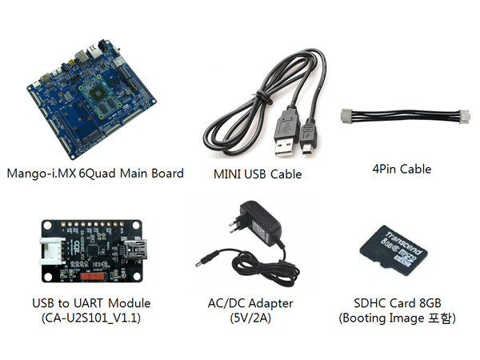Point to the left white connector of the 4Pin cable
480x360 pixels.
(349, 114)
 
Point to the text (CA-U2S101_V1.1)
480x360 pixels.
(88, 318)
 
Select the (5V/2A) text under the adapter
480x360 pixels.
(249, 318)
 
